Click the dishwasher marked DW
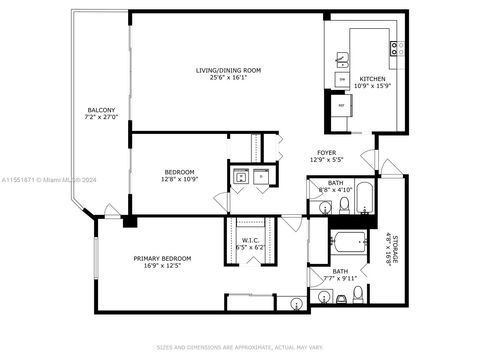[342, 79]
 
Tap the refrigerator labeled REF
[341, 105]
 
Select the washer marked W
[241, 176]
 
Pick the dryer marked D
[261, 176]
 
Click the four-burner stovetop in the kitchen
[397, 49]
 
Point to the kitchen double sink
[343, 60]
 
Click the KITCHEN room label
[372, 79]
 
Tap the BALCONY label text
[101, 110]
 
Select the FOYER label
[326, 153]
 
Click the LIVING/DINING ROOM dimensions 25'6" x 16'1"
[228, 77]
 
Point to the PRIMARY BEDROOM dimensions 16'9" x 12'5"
[162, 265]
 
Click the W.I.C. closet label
[250, 240]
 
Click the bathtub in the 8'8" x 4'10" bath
[364, 198]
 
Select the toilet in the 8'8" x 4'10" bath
[344, 206]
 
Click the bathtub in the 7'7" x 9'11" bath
[349, 242]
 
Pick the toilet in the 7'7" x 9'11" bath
[358, 295]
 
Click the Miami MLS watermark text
[49, 180]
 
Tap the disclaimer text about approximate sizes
[240, 347]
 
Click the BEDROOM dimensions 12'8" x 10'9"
[179, 179]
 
